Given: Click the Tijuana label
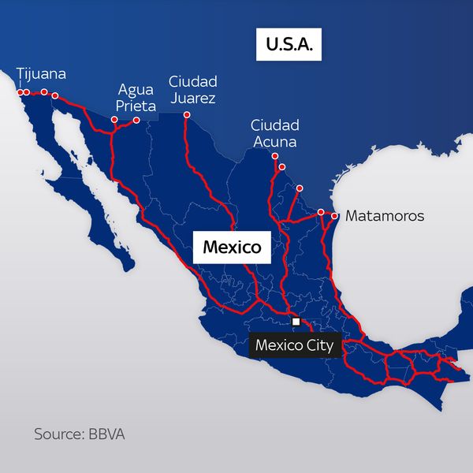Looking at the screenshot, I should [x=41, y=74].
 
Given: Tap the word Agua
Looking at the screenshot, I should [x=135, y=89].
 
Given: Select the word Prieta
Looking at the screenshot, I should [x=136, y=106].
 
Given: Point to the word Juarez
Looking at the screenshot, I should [x=192, y=98].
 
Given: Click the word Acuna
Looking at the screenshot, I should [x=275, y=142].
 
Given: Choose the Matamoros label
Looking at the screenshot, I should [x=385, y=215].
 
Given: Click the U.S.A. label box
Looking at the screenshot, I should [x=289, y=46].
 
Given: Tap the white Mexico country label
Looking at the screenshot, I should [x=232, y=247].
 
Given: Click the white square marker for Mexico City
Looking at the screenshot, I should [x=296, y=322].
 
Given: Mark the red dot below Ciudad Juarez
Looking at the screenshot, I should [x=187, y=116].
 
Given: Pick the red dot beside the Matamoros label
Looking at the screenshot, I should [x=335, y=215].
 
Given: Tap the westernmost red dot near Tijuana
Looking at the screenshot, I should [x=19, y=92].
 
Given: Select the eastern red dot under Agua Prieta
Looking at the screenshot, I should [x=136, y=121].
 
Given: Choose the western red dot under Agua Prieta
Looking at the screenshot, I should [x=114, y=121].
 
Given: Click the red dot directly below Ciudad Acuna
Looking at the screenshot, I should [x=274, y=156].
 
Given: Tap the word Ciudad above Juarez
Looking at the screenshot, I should [x=192, y=81].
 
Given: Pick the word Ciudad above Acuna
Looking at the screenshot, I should [x=275, y=125].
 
